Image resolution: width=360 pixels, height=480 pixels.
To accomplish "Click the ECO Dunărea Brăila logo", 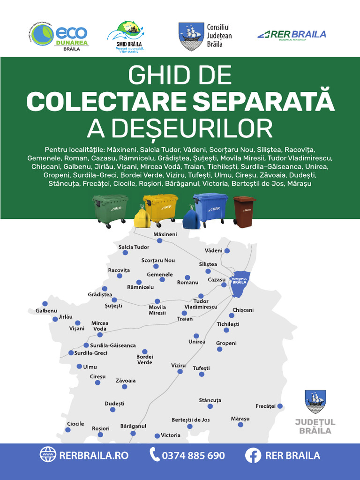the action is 58,37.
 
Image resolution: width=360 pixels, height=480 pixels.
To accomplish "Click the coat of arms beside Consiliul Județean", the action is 191,36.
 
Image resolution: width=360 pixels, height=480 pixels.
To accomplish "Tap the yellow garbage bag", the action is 142,217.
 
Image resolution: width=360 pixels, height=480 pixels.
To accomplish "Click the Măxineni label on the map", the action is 165,234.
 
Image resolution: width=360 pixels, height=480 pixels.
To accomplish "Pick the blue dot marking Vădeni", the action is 227,251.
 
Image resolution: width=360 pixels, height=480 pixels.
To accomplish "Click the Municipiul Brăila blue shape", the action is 240,284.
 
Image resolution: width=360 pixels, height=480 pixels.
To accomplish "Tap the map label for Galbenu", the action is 46,311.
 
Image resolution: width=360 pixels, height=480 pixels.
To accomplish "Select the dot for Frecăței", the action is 280,406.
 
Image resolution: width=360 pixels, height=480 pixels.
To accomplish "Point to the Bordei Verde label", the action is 144,360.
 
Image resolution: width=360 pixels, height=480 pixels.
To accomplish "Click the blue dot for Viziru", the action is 180,371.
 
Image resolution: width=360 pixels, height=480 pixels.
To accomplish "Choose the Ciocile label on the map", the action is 75,424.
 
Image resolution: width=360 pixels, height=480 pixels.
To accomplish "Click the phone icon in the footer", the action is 154,455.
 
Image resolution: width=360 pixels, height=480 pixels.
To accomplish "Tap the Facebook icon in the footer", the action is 253,455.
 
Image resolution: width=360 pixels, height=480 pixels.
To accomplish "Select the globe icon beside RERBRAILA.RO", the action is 47,455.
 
